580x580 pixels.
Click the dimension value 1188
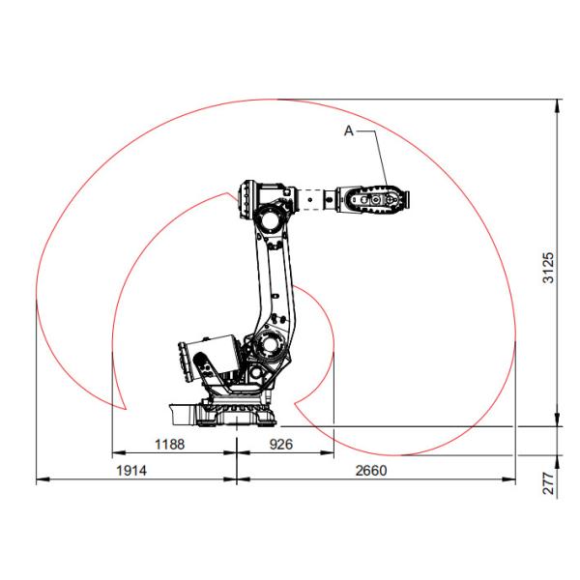[169, 445]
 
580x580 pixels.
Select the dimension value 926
[281, 445]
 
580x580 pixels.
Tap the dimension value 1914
[131, 471]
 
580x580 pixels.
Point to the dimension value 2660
[371, 471]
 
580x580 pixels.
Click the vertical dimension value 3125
[548, 268]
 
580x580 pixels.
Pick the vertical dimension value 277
[548, 483]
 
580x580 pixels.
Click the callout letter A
[349, 130]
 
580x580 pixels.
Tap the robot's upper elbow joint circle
[271, 217]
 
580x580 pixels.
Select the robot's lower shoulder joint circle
[271, 345]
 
